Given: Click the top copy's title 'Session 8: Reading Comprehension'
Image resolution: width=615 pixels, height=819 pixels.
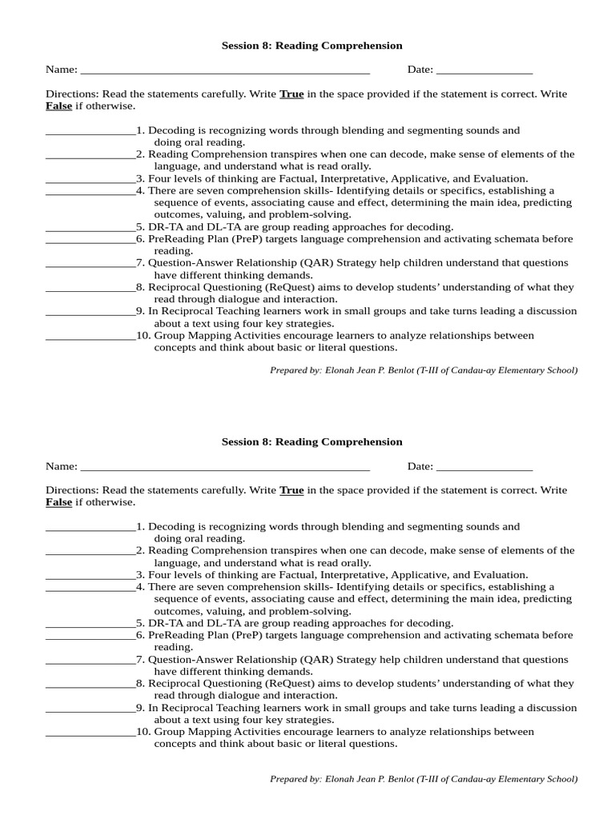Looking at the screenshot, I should click(x=312, y=46).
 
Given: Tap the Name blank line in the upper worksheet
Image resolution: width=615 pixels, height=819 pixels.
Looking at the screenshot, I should click(x=225, y=70).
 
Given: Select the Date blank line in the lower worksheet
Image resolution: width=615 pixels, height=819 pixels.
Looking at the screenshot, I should click(x=484, y=467).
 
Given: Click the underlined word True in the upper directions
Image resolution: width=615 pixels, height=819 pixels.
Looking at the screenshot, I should click(x=291, y=94).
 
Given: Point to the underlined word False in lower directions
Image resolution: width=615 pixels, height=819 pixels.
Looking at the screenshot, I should click(x=58, y=502).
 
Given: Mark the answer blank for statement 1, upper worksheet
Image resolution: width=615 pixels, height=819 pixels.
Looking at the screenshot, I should click(x=90, y=131).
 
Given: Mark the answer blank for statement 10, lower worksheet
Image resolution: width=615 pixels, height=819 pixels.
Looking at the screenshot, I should click(x=90, y=733).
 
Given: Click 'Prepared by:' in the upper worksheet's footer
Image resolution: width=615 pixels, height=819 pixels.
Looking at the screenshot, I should click(x=295, y=370).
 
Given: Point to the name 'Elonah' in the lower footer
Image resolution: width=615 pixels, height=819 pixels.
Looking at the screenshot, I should click(x=341, y=779).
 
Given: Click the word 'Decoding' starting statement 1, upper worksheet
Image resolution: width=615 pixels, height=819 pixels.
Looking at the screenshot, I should click(x=171, y=130).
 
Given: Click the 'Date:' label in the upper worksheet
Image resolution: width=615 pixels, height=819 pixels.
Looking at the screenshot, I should click(x=420, y=70).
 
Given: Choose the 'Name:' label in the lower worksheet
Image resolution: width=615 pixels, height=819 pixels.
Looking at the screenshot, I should click(x=62, y=466).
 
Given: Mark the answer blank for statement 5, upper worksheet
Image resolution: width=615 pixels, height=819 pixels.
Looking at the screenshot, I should click(x=90, y=228).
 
